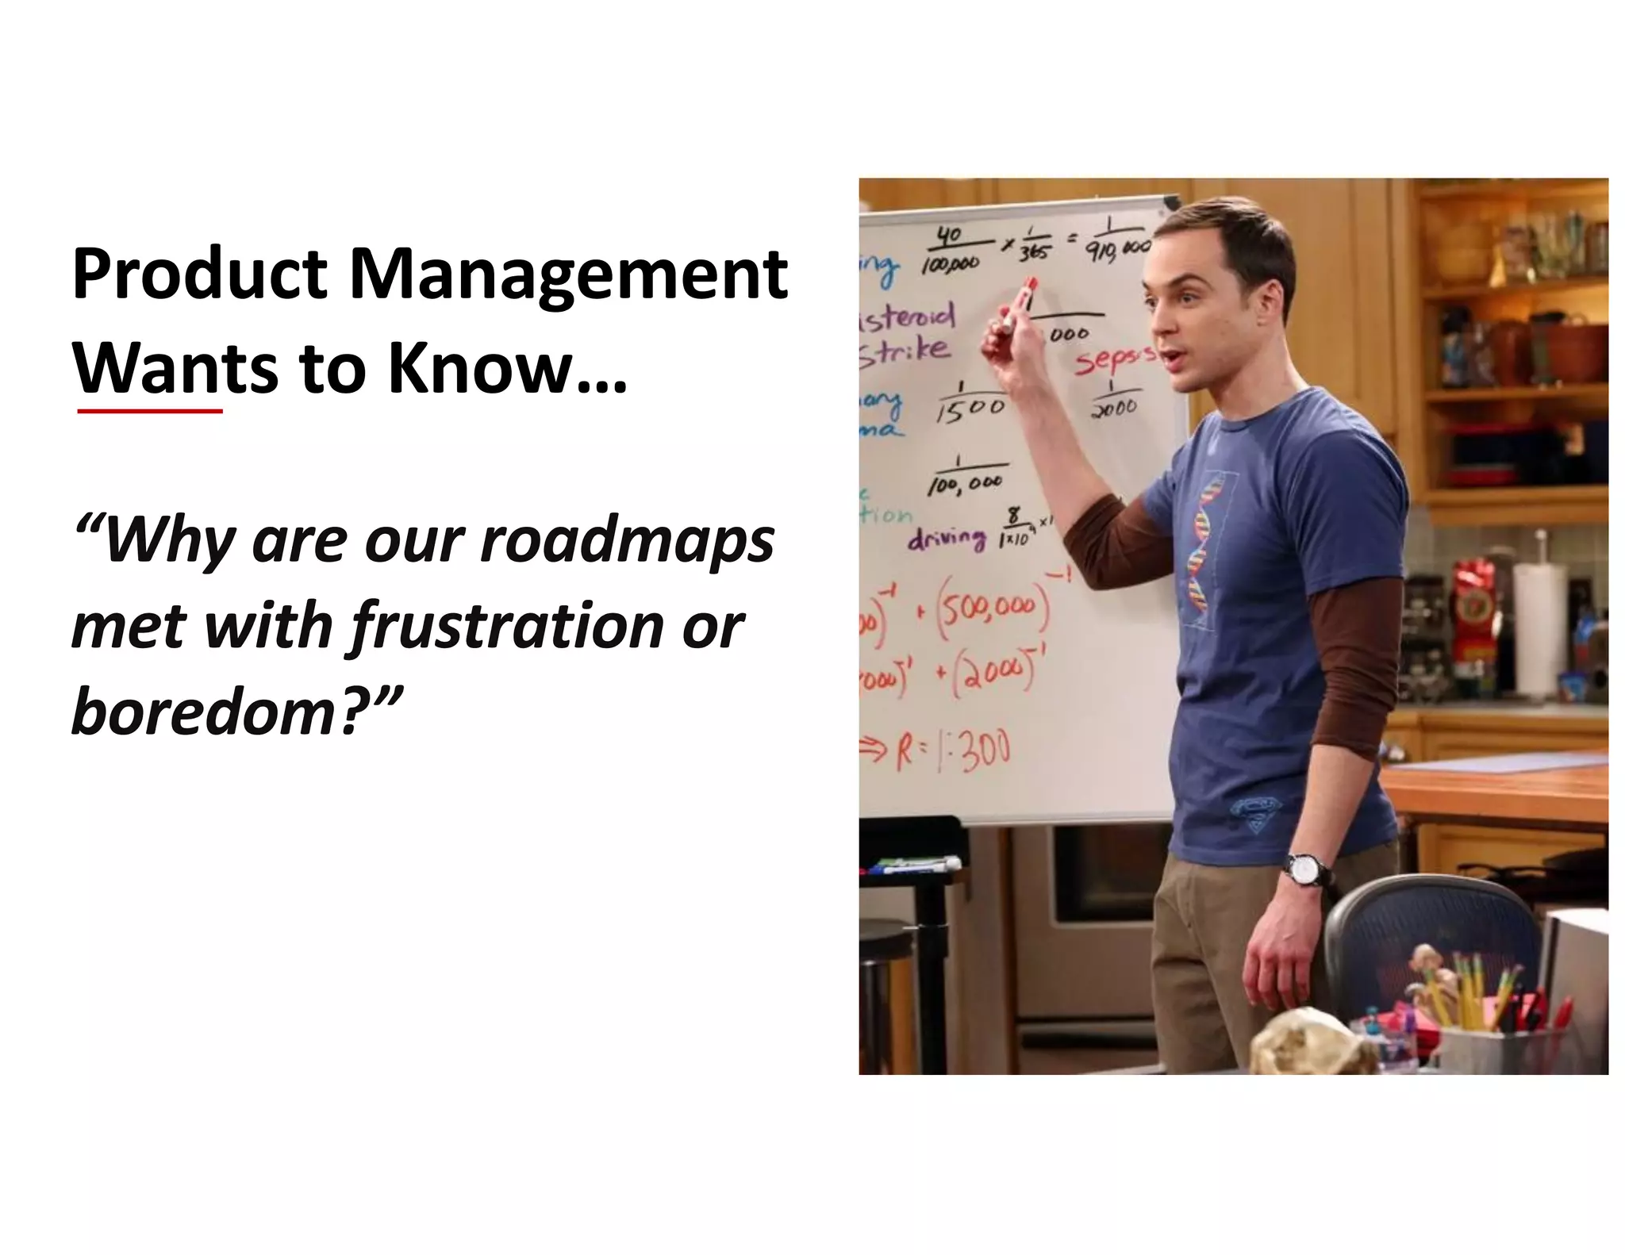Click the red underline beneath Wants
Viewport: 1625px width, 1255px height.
pos(150,412)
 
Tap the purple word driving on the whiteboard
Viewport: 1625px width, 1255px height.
pos(947,539)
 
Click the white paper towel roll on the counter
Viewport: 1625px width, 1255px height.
pos(1537,627)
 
